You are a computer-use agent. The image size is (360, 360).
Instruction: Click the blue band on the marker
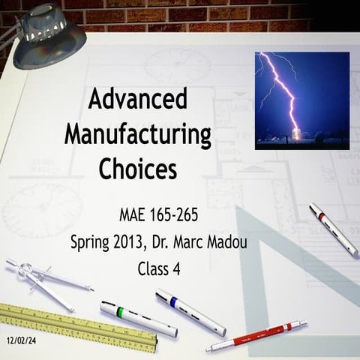(173, 303)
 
